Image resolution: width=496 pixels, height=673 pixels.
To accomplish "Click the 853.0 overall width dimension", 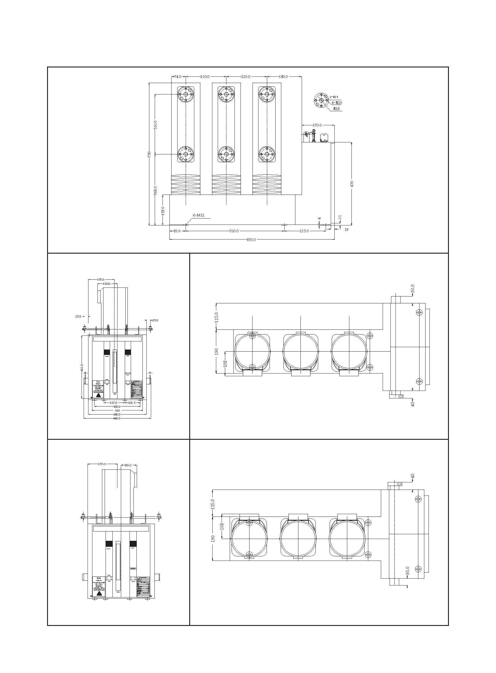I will click(x=251, y=240).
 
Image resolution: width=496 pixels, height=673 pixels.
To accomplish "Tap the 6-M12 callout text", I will click(x=198, y=215).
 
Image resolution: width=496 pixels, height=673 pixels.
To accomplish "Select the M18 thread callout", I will click(x=336, y=109).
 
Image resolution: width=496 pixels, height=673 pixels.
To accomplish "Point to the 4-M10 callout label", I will click(x=336, y=103).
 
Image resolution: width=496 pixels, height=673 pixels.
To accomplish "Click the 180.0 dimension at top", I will click(x=283, y=77).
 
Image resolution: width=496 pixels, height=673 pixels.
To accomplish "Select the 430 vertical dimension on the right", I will click(x=351, y=184).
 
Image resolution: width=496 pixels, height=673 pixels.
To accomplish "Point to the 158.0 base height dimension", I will click(x=163, y=210).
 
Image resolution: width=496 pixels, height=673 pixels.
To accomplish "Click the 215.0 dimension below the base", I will click(x=304, y=231).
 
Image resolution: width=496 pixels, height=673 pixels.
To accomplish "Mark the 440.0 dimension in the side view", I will click(x=116, y=418).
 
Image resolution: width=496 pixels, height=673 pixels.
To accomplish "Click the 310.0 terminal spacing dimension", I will click(x=155, y=125).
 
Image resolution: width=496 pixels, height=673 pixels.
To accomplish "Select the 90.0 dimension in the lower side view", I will click(x=128, y=465).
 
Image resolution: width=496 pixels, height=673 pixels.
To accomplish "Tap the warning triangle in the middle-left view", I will click(x=98, y=395).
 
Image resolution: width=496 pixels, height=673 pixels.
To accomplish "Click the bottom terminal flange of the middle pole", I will click(x=226, y=154).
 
